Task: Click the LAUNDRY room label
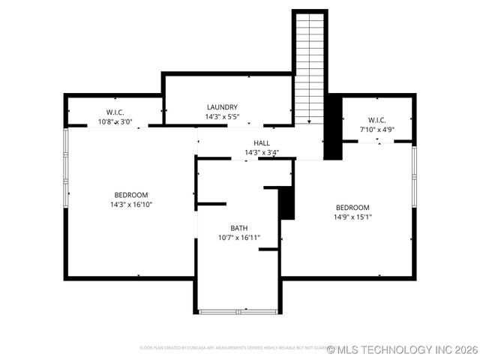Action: pyautogui.click(x=222, y=107)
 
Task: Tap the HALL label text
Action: pyautogui.click(x=262, y=143)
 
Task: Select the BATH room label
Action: pyautogui.click(x=238, y=228)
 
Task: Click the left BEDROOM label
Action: pyautogui.click(x=131, y=195)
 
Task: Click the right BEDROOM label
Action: pyautogui.click(x=352, y=208)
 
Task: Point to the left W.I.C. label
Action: pyautogui.click(x=115, y=112)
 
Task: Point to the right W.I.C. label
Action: pyautogui.click(x=376, y=120)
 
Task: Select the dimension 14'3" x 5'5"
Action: pyautogui.click(x=222, y=117)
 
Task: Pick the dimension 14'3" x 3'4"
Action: pyautogui.click(x=262, y=153)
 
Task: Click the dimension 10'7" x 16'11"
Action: pyautogui.click(x=238, y=238)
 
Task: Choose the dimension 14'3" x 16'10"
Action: pyautogui.click(x=131, y=204)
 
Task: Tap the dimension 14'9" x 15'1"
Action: pyautogui.click(x=352, y=217)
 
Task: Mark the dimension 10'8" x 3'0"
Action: pyautogui.click(x=115, y=121)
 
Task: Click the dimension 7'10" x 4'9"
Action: pyautogui.click(x=376, y=129)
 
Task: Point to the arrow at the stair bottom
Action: pyautogui.click(x=309, y=121)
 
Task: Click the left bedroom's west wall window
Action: pyautogui.click(x=65, y=167)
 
